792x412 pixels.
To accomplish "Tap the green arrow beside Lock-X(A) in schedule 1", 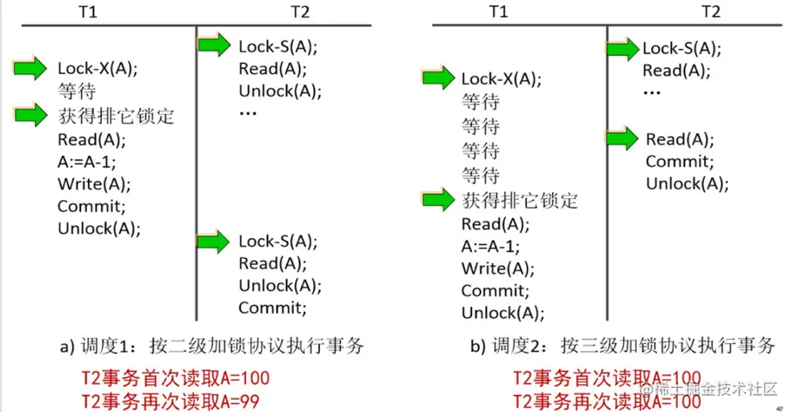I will tap(30, 69).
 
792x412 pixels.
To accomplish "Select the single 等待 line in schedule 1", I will tap(77, 91).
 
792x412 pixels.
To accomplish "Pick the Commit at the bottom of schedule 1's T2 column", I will tap(272, 308).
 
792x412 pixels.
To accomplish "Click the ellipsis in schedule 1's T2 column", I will tap(248, 114).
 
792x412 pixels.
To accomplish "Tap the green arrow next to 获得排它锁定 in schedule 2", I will tap(440, 201).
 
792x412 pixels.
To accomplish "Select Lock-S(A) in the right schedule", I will tap(682, 48).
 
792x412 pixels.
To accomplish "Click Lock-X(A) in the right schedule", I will tap(500, 79).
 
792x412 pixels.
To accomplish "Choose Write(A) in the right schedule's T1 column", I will tap(497, 267).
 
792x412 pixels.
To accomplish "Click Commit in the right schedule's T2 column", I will tap(679, 161).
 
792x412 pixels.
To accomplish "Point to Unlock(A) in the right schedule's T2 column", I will tap(687, 183).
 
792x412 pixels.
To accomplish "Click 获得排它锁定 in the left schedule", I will tap(116, 115).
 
